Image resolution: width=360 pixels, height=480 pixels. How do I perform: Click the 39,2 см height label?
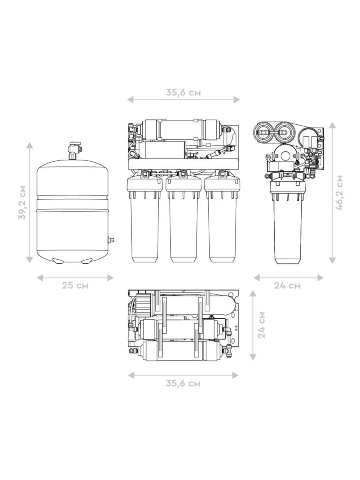(x=22, y=202)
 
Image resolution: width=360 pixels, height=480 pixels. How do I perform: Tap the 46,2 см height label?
(x=339, y=192)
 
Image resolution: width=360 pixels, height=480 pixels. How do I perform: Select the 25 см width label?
(x=75, y=286)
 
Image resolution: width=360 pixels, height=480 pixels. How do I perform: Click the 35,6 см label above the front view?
(x=183, y=92)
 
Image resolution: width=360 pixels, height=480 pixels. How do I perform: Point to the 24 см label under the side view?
(x=287, y=286)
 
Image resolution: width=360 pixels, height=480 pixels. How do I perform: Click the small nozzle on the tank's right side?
(x=111, y=240)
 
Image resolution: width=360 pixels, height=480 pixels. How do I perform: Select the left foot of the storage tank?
(x=58, y=261)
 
